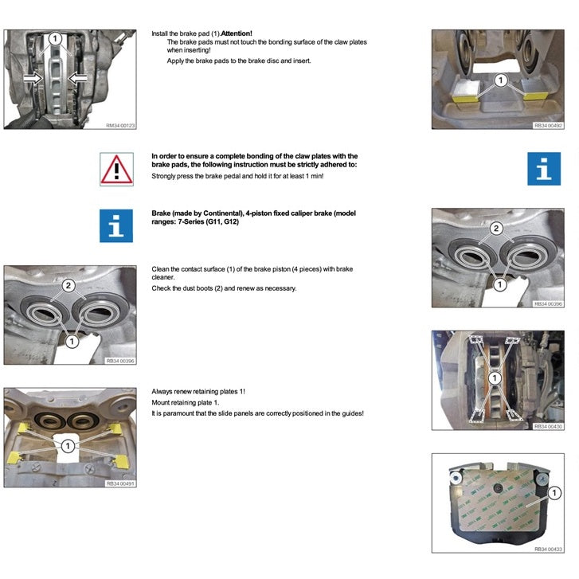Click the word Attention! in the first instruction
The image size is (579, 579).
[237, 33]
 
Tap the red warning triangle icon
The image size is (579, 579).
[116, 169]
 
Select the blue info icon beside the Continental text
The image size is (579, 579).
[116, 226]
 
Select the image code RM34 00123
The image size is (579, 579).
[121, 125]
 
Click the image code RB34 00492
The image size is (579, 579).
[548, 125]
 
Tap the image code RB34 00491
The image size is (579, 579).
[121, 483]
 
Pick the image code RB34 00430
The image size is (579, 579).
[548, 427]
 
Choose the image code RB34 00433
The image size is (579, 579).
[548, 549]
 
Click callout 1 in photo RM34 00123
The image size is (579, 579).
[53, 37]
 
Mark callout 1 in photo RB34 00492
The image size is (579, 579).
[499, 80]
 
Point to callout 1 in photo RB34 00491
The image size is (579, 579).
[68, 446]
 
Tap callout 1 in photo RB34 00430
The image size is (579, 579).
[495, 378]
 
